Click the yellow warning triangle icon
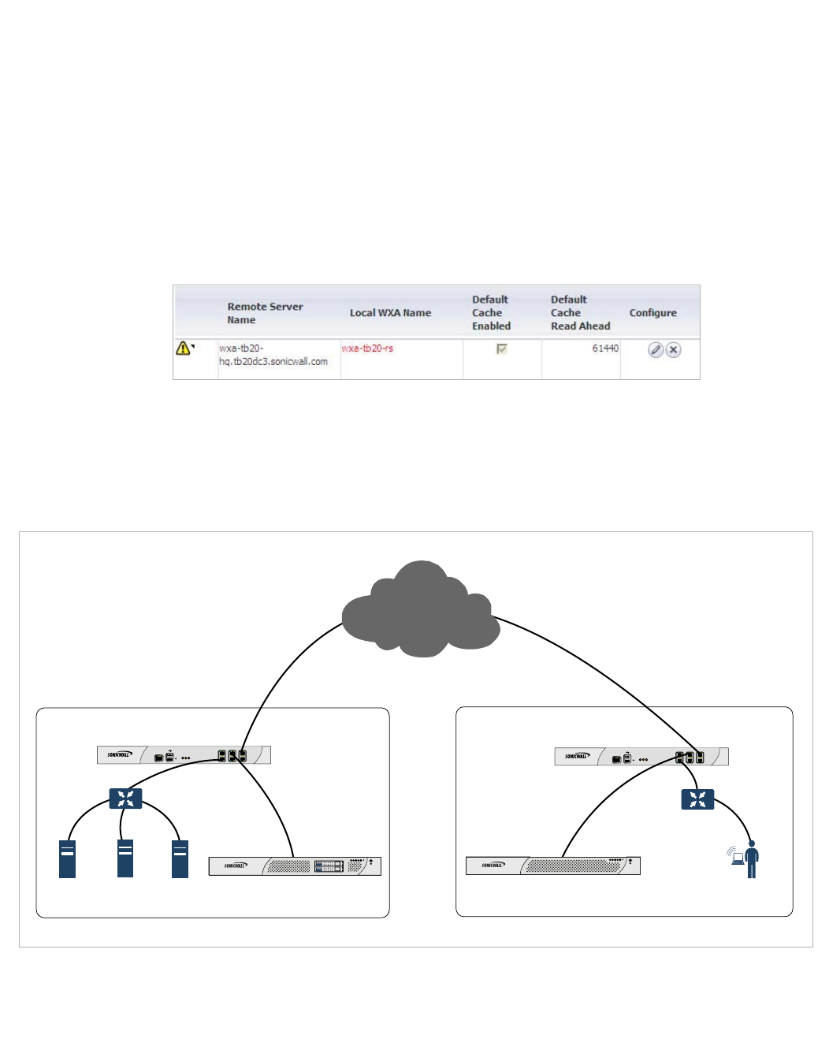(x=183, y=348)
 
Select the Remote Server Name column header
(x=265, y=313)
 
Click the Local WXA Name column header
(x=390, y=313)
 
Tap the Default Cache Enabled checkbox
(x=502, y=348)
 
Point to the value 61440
(x=605, y=348)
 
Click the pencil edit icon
(x=655, y=350)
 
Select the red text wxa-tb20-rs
(x=367, y=348)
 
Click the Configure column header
(x=652, y=313)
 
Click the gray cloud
(x=422, y=611)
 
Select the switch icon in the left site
(x=125, y=799)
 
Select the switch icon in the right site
(x=697, y=799)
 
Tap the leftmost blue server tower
(x=68, y=858)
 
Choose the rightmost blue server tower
(x=180, y=858)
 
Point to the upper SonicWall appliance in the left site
(x=184, y=755)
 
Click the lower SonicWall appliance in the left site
(x=295, y=866)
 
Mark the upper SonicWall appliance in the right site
(x=641, y=757)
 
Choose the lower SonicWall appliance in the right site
(x=552, y=866)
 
